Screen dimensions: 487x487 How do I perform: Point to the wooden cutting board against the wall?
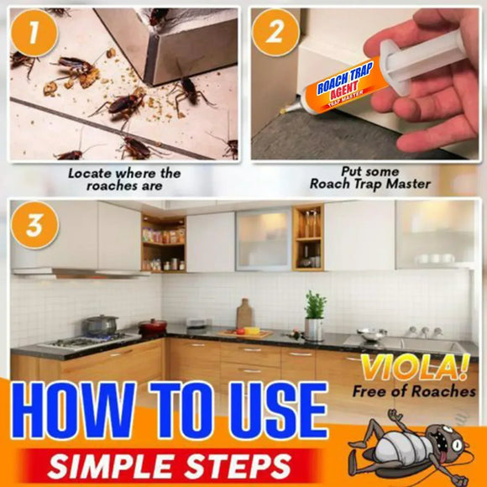[x=244, y=314]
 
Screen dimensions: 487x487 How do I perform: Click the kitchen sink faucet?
[x=414, y=331]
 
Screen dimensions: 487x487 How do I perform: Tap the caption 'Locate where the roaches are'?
[x=123, y=180]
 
